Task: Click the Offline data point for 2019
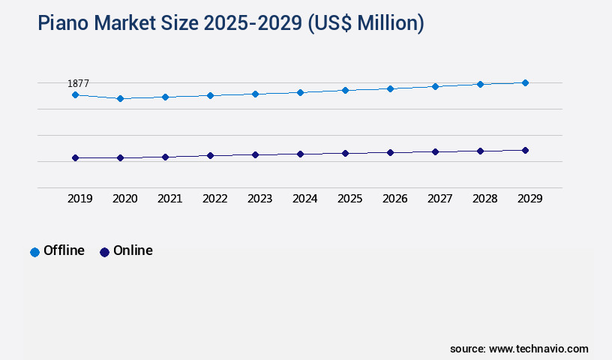(x=75, y=94)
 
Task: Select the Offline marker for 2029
(x=525, y=82)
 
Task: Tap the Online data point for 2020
(x=120, y=157)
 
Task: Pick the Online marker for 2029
(x=525, y=150)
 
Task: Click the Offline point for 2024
(x=300, y=92)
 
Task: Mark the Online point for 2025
(x=345, y=153)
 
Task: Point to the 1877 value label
(x=79, y=83)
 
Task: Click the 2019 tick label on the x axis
(x=80, y=199)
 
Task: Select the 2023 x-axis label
(x=260, y=199)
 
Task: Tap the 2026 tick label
(x=395, y=199)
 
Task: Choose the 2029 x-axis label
(x=530, y=199)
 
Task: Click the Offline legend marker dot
(x=34, y=252)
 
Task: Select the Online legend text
(x=133, y=250)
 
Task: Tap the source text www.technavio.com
(x=538, y=349)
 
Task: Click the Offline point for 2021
(x=165, y=97)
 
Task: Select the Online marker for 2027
(x=435, y=151)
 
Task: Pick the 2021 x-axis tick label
(x=170, y=199)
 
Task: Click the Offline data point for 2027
(x=435, y=86)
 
